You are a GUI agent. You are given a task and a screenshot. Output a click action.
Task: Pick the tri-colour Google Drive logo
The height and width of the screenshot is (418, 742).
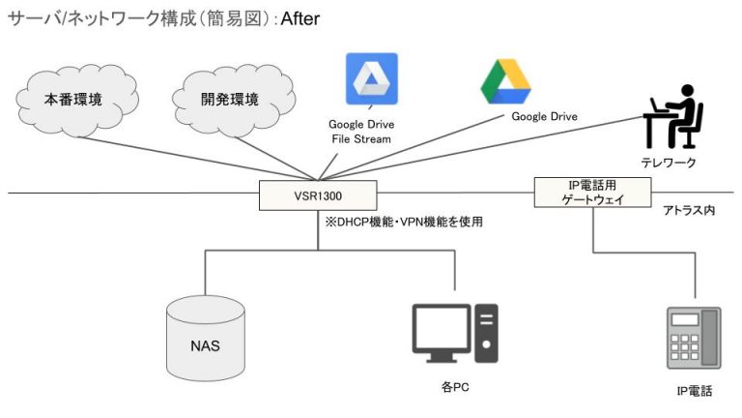click(x=505, y=81)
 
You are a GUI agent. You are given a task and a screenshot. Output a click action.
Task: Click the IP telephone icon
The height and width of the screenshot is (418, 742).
click(x=694, y=338)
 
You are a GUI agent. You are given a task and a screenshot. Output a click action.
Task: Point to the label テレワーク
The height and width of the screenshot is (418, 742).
click(x=669, y=162)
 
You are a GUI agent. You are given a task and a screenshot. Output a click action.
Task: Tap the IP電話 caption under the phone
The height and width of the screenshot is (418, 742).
click(x=694, y=391)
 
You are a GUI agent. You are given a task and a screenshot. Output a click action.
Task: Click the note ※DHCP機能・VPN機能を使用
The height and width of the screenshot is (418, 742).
click(x=403, y=222)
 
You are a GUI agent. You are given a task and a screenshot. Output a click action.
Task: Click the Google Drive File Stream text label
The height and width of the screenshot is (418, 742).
click(x=360, y=132)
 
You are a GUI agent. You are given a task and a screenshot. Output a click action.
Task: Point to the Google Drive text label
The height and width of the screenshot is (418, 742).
click(x=544, y=117)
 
